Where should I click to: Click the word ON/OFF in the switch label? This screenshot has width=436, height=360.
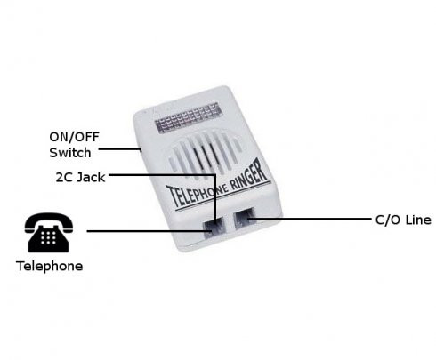click(74, 137)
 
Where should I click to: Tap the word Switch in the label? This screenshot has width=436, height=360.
click(70, 153)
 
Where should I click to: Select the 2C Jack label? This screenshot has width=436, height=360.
click(80, 178)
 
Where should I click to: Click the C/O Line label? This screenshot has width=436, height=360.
click(403, 220)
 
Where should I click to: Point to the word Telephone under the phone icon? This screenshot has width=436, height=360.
click(50, 266)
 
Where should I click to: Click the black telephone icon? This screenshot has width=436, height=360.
click(49, 233)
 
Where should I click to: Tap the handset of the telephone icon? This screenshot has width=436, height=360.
click(49, 221)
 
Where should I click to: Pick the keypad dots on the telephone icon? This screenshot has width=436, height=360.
click(48, 237)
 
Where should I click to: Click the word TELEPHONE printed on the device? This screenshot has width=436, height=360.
click(198, 195)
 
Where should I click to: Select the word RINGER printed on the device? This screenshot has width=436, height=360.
click(248, 177)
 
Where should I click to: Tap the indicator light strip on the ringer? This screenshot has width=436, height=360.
click(188, 117)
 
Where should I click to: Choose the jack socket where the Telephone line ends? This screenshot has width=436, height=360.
click(214, 228)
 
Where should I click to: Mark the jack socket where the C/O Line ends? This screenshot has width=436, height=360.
click(245, 219)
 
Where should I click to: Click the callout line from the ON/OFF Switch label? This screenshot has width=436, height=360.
click(119, 148)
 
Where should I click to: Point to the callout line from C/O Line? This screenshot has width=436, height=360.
click(310, 220)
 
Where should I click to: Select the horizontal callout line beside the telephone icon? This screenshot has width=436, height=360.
click(149, 231)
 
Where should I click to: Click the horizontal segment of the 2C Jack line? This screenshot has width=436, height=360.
click(162, 175)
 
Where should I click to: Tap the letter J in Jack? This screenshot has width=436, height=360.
click(80, 178)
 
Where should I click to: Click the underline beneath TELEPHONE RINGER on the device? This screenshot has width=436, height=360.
click(222, 196)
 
